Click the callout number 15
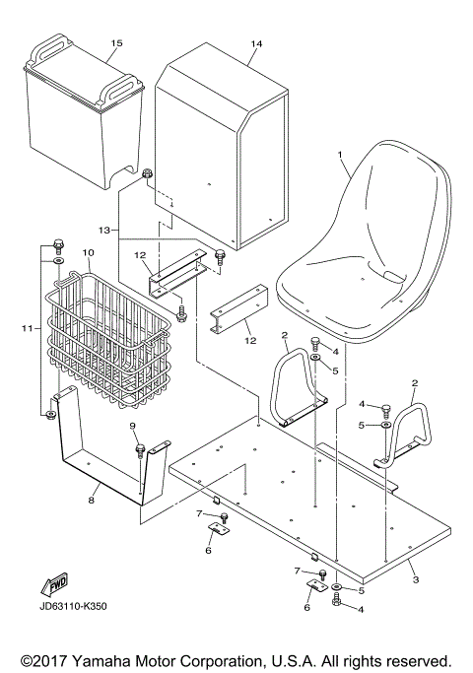tap(116, 44)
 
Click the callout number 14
tap(257, 44)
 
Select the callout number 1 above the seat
tap(340, 155)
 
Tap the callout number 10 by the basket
tap(88, 252)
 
